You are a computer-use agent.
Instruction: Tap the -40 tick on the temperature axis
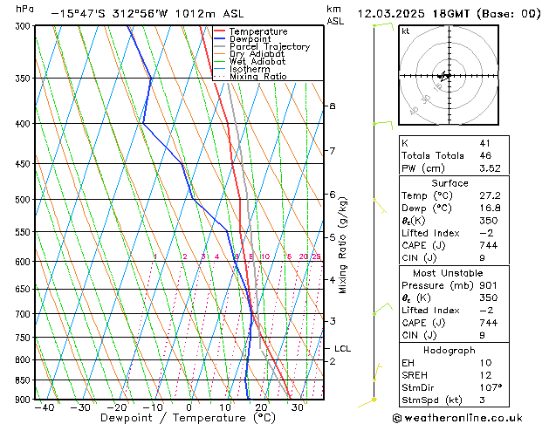tap(45, 407)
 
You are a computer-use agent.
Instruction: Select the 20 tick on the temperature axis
tap(261, 407)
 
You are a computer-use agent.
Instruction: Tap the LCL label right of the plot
tap(343, 349)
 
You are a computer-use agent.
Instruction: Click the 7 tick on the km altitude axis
tap(332, 151)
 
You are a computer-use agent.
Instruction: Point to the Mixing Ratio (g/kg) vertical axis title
tap(343, 245)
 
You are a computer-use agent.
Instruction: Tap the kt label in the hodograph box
tap(405, 31)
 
